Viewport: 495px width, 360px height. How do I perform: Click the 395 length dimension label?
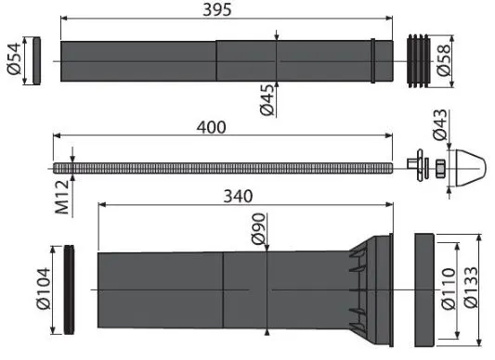point(217,9)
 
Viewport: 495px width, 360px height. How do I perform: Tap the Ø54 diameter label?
point(15,58)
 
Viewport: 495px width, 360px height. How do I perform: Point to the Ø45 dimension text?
point(267,100)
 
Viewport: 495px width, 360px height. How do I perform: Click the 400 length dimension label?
point(211,127)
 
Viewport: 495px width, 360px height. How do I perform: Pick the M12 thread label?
point(62,198)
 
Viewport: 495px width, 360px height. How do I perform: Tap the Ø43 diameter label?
point(440,124)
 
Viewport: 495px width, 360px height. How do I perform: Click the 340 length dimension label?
point(238,197)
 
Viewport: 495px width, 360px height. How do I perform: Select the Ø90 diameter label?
point(258,229)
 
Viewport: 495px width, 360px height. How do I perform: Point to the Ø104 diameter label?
point(44,289)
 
